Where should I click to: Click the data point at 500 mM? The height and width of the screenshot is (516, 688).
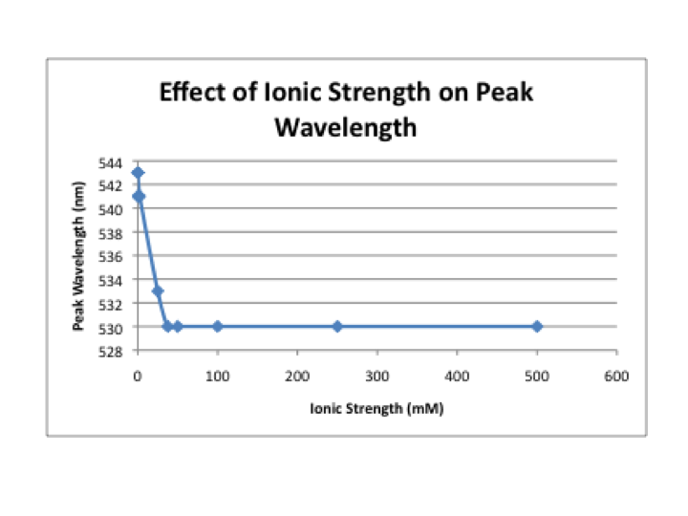(x=537, y=326)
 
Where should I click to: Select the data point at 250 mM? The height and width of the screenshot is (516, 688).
(x=337, y=326)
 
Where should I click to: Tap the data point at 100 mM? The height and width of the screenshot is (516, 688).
(x=218, y=326)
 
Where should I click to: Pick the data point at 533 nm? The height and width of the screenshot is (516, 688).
(x=158, y=290)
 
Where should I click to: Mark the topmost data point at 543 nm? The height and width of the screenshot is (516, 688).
(x=138, y=173)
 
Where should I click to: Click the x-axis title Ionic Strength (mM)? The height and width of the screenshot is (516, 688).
(x=376, y=409)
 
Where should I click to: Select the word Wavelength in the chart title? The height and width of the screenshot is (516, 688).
(x=346, y=126)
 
